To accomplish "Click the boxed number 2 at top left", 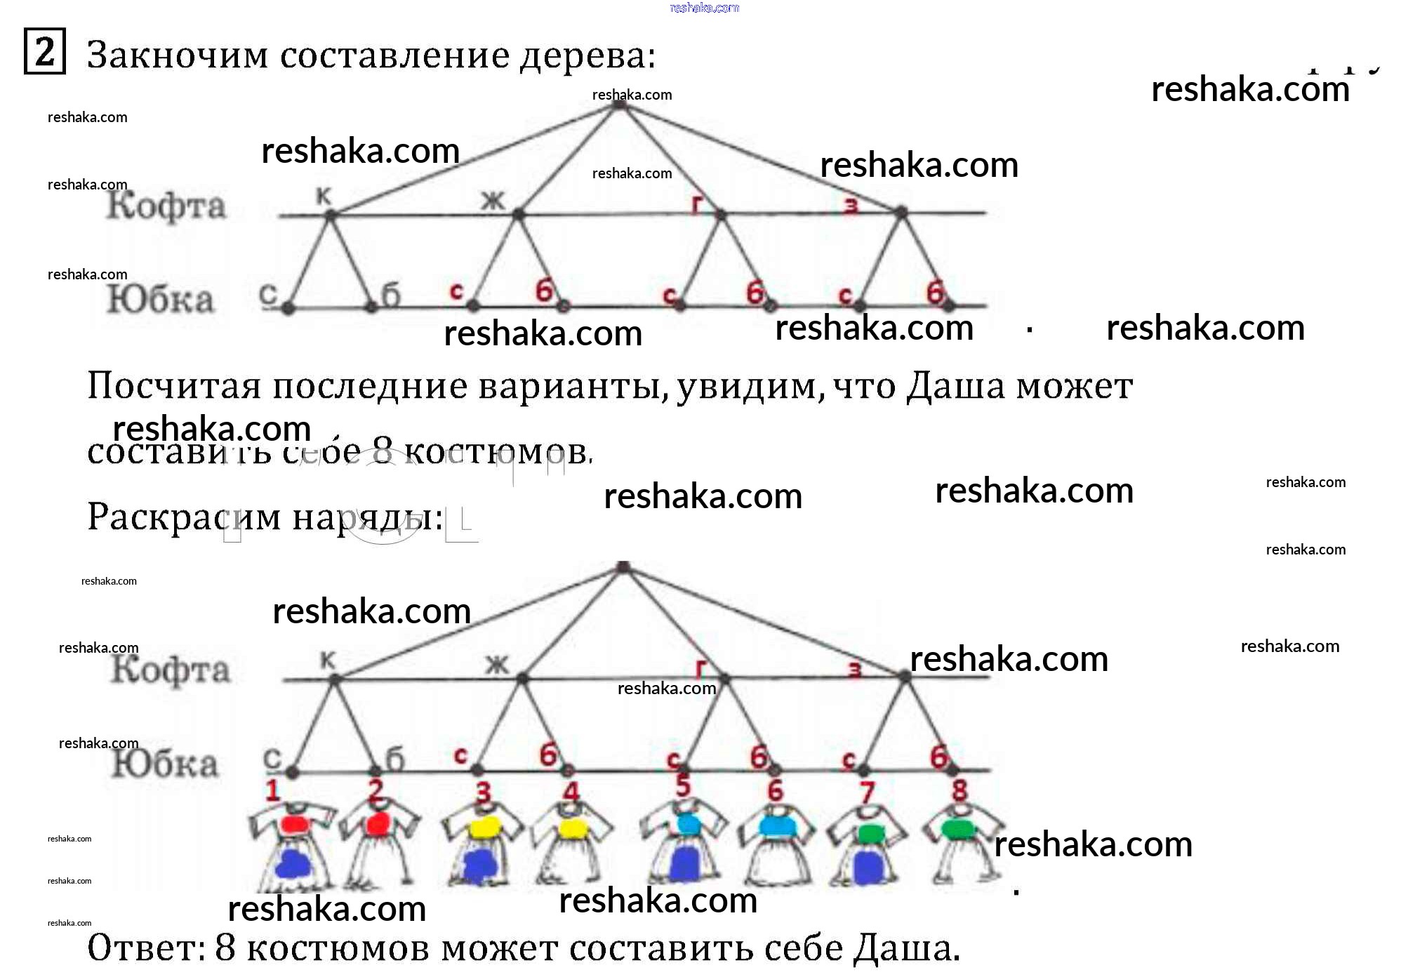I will pyautogui.click(x=44, y=51).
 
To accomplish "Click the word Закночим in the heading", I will pyautogui.click(x=177, y=55).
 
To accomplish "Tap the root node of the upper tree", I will pyautogui.click(x=618, y=104).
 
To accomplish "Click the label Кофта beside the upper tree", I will pyautogui.click(x=166, y=206).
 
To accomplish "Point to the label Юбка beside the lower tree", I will pyautogui.click(x=164, y=764).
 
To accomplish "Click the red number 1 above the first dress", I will pyautogui.click(x=272, y=791).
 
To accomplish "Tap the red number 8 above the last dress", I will pyautogui.click(x=959, y=790).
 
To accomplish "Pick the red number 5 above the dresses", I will pyautogui.click(x=682, y=786).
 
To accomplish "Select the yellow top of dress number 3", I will pyautogui.click(x=483, y=828).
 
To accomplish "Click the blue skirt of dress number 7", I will pyautogui.click(x=868, y=867).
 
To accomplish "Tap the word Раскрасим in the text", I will pyautogui.click(x=184, y=518).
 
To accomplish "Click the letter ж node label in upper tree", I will pyautogui.click(x=493, y=201).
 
